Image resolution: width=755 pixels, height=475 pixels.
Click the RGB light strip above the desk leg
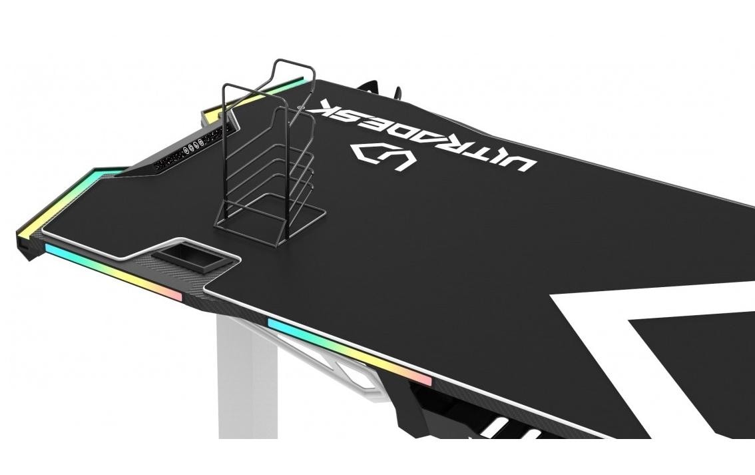pyautogui.click(x=349, y=353)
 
